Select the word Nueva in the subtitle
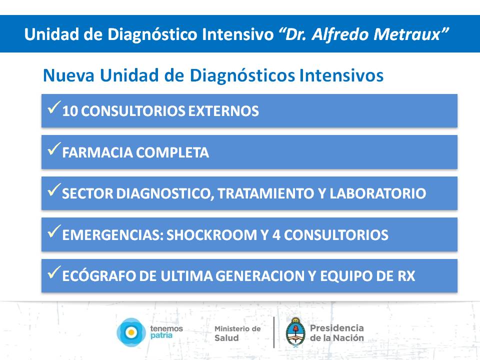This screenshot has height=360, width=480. click(68, 75)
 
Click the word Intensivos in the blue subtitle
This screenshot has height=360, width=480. click(341, 75)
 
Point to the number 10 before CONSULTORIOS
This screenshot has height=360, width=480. click(69, 111)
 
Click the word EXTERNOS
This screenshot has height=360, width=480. click(223, 111)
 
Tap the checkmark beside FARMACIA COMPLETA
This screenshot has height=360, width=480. click(54, 149)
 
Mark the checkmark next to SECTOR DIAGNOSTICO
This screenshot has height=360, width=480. click(54, 190)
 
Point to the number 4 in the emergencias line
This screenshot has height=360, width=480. click(276, 235)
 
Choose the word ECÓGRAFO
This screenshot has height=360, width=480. click(99, 276)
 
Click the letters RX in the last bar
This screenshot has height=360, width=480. click(406, 276)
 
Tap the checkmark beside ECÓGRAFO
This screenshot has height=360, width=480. click(54, 272)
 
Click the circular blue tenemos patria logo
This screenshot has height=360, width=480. click(131, 332)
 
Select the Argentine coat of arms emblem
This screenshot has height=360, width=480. click(295, 332)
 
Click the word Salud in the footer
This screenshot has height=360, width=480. click(226, 338)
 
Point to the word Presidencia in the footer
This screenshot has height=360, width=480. click(336, 328)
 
